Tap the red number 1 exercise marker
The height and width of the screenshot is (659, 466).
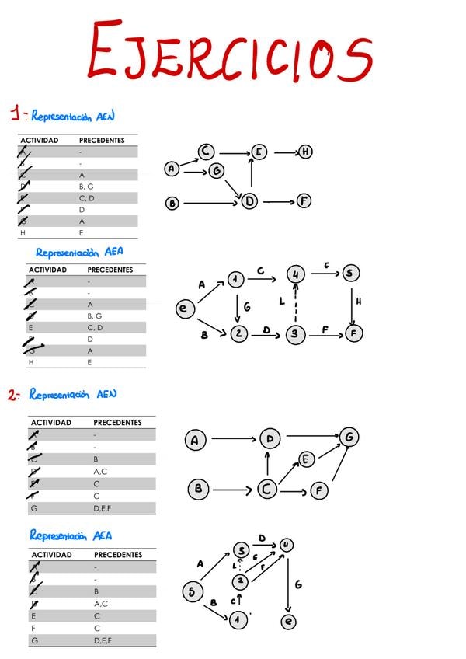[x=16, y=115]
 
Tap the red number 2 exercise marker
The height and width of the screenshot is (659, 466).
[x=13, y=395]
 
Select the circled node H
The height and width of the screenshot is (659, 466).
[x=306, y=152]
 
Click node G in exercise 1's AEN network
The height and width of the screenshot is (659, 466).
[x=217, y=170]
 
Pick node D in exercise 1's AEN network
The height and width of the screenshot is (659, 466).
[x=249, y=201]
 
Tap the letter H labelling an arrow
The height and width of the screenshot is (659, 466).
[x=359, y=302]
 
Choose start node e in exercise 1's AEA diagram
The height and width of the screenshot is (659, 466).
[x=184, y=309]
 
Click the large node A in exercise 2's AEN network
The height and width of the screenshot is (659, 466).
[x=194, y=441]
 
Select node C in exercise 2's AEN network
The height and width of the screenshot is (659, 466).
[x=267, y=490]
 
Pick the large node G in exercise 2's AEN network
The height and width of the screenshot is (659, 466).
[x=349, y=438]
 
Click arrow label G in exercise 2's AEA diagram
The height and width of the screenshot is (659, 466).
[x=298, y=584]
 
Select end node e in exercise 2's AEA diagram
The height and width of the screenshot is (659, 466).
[x=288, y=622]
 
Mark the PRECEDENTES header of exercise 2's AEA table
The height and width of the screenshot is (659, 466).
[x=117, y=555]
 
